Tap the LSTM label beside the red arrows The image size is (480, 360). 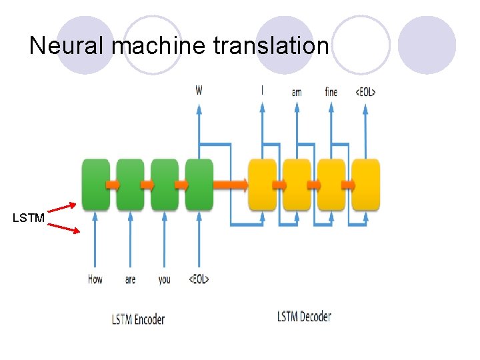click(29, 218)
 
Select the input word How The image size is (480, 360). click(95, 279)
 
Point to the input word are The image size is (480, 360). click(130, 279)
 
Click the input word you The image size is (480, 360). click(164, 279)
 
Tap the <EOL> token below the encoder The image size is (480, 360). click(198, 279)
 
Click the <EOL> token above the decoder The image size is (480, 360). click(365, 91)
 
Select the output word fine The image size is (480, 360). click(331, 91)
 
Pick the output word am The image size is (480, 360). click(297, 92)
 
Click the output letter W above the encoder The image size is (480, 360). click(199, 90)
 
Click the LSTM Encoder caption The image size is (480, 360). click(138, 319)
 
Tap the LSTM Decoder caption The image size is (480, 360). click(304, 316)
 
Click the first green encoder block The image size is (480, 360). click(95, 184)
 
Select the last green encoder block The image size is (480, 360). click(199, 184)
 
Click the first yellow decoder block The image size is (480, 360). click(262, 184)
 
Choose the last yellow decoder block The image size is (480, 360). click(366, 184)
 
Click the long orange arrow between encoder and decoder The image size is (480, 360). click(230, 183)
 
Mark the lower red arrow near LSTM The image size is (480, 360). click(64, 228)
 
